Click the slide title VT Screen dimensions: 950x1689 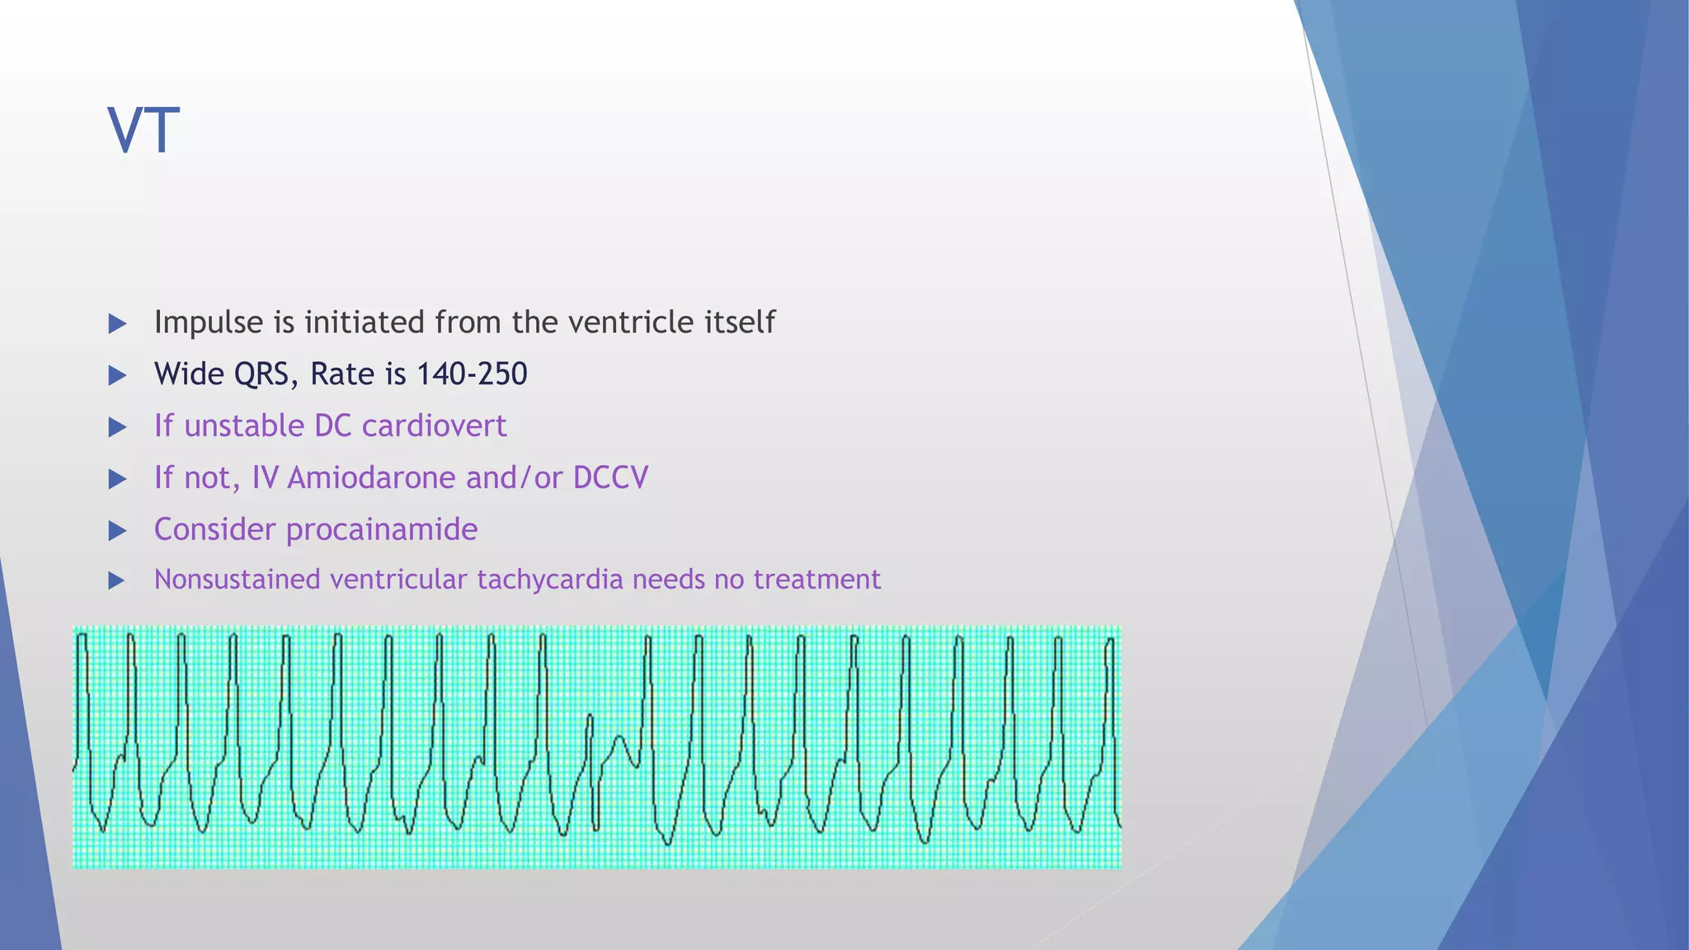[143, 130]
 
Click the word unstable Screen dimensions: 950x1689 [245, 426]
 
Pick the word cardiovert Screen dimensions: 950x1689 [434, 426]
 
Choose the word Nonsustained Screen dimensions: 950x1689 [238, 580]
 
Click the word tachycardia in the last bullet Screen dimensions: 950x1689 [550, 580]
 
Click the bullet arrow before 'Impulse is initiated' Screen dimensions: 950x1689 [117, 324]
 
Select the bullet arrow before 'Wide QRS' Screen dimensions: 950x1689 [117, 376]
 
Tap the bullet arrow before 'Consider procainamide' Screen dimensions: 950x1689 [117, 531]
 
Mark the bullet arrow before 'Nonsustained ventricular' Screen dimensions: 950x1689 [117, 581]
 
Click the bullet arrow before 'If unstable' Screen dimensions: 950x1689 [117, 428]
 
